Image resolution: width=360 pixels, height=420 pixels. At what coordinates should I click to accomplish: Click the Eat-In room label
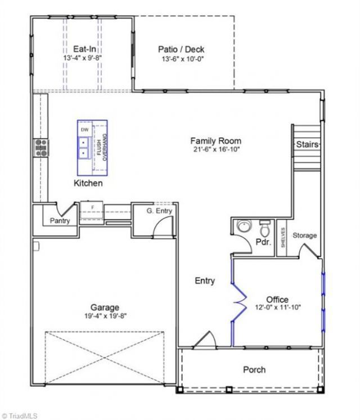84,49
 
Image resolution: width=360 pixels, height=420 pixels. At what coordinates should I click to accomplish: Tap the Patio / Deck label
181,49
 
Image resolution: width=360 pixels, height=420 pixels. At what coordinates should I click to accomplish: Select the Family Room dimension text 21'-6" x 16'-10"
217,149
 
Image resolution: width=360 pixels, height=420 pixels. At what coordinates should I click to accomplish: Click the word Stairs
307,144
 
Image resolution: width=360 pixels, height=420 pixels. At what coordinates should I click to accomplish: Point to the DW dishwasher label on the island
85,130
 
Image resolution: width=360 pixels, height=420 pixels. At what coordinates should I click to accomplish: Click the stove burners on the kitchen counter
41,147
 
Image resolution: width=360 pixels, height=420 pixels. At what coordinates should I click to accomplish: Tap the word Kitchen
88,183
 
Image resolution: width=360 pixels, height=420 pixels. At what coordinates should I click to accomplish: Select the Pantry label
60,221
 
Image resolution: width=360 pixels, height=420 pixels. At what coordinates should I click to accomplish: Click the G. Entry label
159,211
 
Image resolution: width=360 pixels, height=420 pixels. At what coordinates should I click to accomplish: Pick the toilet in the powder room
265,227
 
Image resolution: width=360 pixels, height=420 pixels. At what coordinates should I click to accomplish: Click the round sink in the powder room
244,227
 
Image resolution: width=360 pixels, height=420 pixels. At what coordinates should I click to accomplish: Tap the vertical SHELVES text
283,238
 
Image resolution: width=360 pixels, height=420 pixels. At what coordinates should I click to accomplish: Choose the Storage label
304,236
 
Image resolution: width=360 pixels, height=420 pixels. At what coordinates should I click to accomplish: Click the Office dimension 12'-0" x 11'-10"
278,307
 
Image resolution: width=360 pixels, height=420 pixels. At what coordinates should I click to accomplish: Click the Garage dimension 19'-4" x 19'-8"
105,316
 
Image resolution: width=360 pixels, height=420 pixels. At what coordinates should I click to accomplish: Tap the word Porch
254,369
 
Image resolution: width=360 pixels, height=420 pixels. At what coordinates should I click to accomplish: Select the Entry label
205,281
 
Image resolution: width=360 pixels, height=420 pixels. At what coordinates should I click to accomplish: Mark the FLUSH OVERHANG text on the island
102,147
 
